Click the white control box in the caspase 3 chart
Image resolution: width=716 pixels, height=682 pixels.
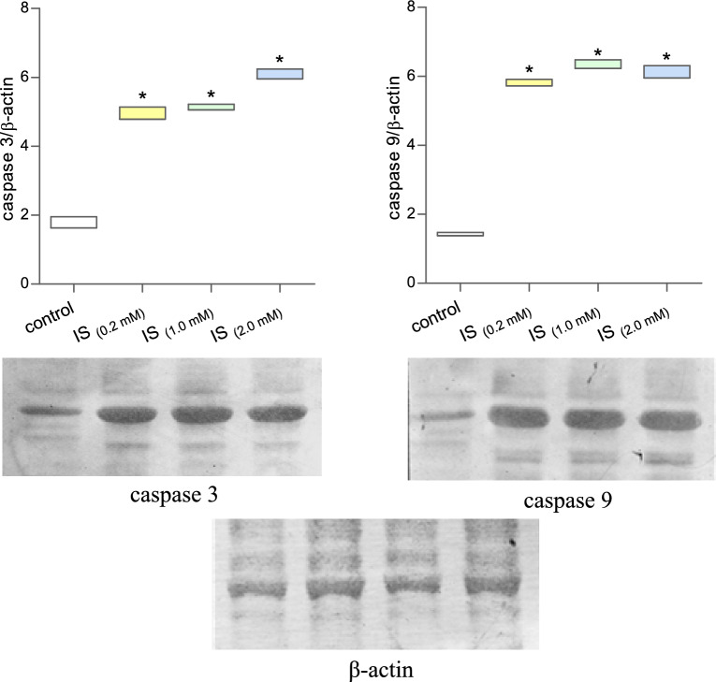tap(73, 223)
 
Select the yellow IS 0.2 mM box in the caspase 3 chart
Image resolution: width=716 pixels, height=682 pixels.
tap(142, 113)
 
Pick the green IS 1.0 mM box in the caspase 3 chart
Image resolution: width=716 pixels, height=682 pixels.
tap(211, 108)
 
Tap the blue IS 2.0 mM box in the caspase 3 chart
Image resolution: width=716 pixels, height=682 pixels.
tap(281, 74)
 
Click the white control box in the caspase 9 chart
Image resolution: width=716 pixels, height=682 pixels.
tap(460, 234)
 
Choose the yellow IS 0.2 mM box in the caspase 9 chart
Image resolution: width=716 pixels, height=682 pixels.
tap(530, 82)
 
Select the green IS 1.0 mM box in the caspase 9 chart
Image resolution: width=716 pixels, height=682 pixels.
tap(598, 64)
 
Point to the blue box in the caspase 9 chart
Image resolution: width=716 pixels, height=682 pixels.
tap(667, 72)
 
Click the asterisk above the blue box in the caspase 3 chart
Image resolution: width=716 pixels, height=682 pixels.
tap(280, 60)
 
